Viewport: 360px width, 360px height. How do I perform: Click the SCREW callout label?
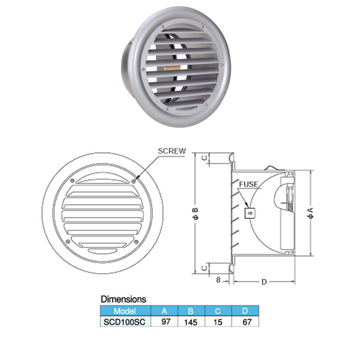[172, 151]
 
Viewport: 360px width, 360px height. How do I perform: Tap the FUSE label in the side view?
[248, 184]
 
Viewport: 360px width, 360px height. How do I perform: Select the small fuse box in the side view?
[250, 213]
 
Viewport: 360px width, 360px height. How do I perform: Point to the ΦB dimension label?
[196, 214]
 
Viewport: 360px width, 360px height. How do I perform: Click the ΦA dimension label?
[311, 213]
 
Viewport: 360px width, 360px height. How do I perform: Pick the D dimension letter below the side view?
[264, 282]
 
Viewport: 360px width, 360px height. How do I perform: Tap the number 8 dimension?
[218, 280]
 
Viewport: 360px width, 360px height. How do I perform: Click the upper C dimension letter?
[205, 158]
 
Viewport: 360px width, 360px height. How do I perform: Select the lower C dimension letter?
[205, 268]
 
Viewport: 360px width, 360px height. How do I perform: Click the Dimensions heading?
[124, 299]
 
